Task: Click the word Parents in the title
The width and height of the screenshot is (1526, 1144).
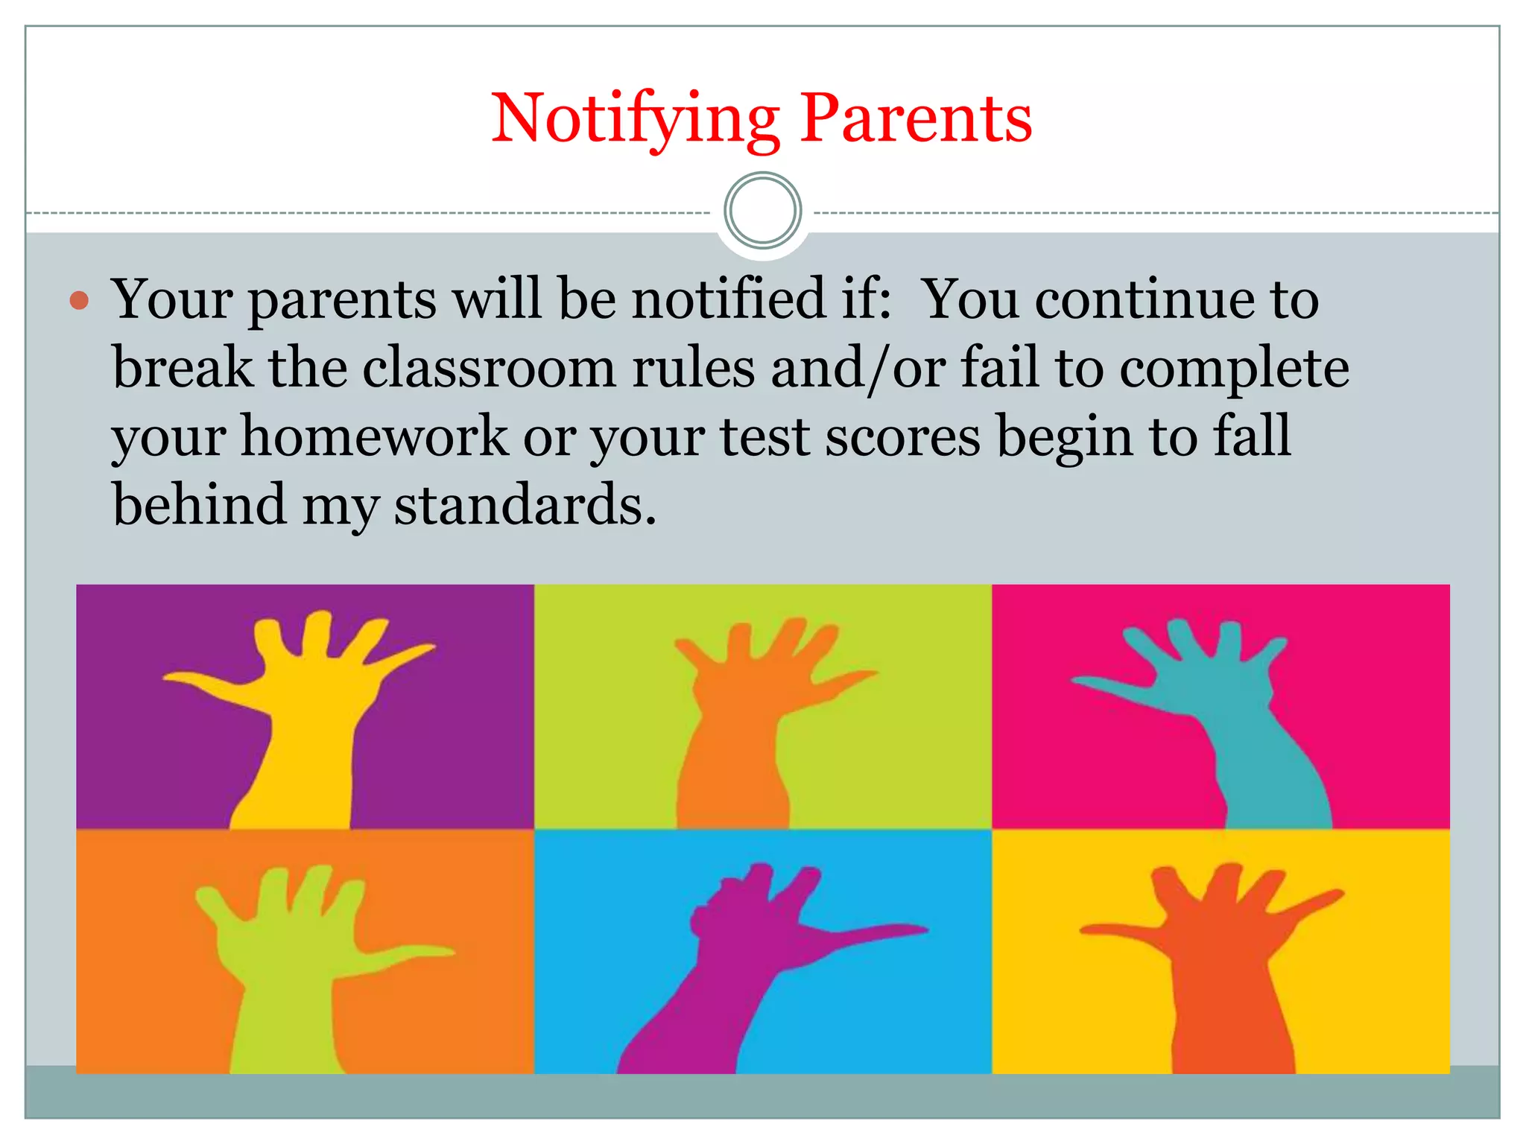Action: click(916, 119)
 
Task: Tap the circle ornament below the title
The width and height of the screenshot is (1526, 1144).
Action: click(762, 211)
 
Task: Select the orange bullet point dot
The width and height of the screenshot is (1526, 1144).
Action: click(79, 301)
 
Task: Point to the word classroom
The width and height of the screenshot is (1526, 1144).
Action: click(489, 368)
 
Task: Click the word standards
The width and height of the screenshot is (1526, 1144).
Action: click(525, 505)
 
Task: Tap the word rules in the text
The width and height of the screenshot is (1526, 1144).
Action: click(693, 368)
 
